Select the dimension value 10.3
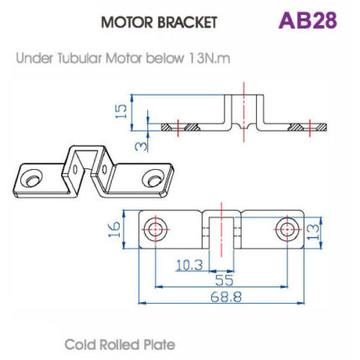[x=189, y=265]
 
